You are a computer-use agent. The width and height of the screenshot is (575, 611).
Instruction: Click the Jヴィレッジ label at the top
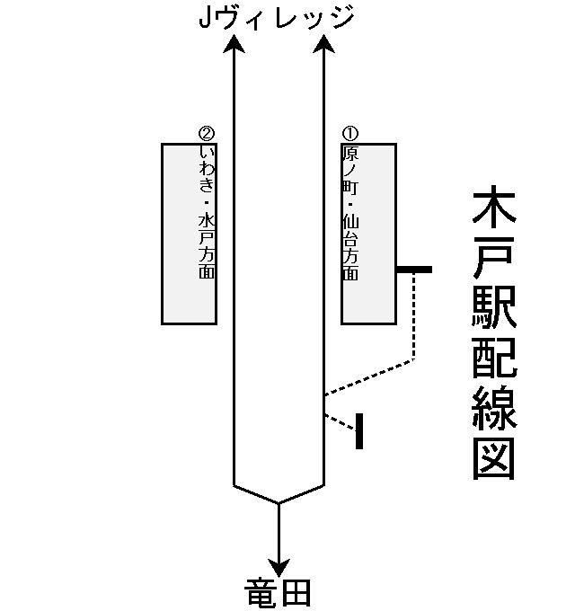point(278,18)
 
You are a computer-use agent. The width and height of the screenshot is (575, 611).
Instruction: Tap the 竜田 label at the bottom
point(279,593)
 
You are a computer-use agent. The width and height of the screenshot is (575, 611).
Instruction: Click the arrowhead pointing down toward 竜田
point(279,568)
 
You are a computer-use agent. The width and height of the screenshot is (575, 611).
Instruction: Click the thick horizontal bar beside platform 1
point(414,270)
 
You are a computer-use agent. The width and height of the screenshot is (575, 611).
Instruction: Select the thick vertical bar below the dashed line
point(359,430)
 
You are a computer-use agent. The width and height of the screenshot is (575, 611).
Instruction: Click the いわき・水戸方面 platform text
point(208,211)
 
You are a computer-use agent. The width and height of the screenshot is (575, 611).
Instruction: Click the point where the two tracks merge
point(279,502)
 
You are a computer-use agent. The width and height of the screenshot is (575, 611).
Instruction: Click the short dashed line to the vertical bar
point(341,421)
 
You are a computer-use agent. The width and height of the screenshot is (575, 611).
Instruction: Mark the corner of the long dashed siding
point(414,359)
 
